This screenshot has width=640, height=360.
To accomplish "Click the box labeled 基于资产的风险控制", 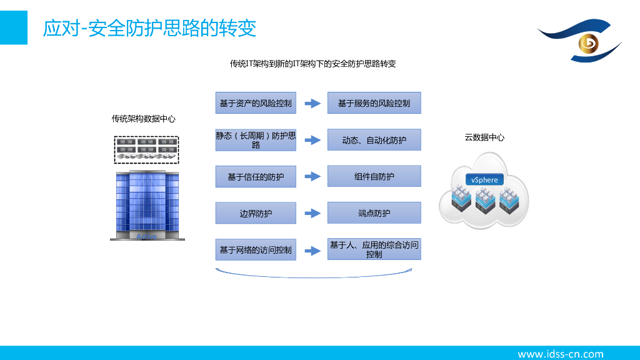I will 256,103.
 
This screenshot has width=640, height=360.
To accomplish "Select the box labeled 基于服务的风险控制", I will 374,103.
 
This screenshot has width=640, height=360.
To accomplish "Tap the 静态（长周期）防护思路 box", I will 256,140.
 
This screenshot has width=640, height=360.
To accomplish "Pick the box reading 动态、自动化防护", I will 374,140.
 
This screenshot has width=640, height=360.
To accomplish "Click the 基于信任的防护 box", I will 256,177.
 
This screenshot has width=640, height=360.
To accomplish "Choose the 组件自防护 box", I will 374,176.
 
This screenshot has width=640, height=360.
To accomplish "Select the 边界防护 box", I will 256,213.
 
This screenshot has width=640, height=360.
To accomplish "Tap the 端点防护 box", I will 374,213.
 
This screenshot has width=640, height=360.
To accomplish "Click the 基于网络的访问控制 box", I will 256,250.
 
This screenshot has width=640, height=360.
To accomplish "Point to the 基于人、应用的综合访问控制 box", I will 374,249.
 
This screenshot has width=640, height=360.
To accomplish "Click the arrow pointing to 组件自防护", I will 312,177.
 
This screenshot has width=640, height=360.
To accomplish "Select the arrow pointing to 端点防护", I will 312,213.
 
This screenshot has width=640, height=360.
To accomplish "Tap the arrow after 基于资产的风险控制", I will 312,103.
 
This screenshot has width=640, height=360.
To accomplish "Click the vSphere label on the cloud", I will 485,180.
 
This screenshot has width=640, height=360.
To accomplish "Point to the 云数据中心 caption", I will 484,137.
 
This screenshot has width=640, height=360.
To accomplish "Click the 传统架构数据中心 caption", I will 144,119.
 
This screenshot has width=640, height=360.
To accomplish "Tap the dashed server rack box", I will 147,150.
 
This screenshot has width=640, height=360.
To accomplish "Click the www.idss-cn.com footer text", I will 561,354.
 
